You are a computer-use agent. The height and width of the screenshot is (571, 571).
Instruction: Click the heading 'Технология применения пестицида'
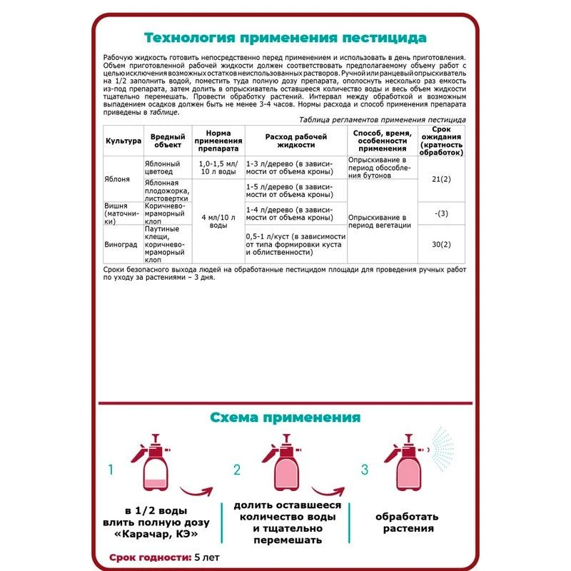pyautogui.click(x=285, y=36)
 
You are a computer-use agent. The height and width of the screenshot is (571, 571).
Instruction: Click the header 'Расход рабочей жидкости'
pyautogui.click(x=295, y=141)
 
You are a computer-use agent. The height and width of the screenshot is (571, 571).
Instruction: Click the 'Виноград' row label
pyautogui.click(x=121, y=243)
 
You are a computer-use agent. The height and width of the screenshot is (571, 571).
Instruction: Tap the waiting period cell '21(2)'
pyautogui.click(x=442, y=178)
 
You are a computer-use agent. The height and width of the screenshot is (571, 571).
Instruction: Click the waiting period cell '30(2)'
pyautogui.click(x=442, y=244)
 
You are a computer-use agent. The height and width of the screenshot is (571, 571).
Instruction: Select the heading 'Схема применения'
pyautogui.click(x=285, y=417)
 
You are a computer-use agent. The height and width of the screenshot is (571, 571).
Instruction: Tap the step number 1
pyautogui.click(x=111, y=470)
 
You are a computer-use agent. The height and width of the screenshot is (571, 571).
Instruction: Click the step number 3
pyautogui.click(x=364, y=470)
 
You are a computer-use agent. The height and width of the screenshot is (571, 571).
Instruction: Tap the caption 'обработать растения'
pyautogui.click(x=407, y=522)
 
